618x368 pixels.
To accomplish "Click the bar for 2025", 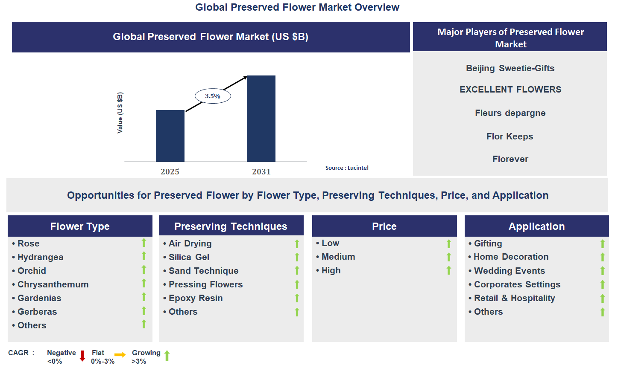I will (x=170, y=136).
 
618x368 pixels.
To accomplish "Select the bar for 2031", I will (x=261, y=119).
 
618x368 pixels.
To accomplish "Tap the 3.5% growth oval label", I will (x=213, y=96).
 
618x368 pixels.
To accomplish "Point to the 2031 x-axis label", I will (x=261, y=171).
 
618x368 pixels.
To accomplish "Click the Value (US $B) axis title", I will (x=120, y=113).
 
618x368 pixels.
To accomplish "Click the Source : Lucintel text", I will (x=346, y=168).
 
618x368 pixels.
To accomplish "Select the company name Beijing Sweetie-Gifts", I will (x=510, y=68).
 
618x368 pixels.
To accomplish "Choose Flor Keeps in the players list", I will (x=510, y=136).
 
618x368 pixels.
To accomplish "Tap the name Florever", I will (x=510, y=159).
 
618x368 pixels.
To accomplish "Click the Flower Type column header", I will (x=80, y=226).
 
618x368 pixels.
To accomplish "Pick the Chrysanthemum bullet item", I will (x=53, y=284).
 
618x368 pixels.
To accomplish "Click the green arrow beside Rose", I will (x=144, y=243).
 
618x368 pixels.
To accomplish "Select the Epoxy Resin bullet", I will (x=195, y=298).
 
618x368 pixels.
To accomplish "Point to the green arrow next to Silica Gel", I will (x=297, y=257).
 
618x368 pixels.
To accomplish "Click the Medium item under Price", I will (x=338, y=257).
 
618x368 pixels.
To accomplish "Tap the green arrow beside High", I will (x=449, y=270).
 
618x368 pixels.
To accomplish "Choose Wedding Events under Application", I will (x=509, y=271).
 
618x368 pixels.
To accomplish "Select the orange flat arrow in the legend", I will (x=120, y=355).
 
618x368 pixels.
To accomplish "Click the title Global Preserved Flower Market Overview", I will (x=297, y=7).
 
